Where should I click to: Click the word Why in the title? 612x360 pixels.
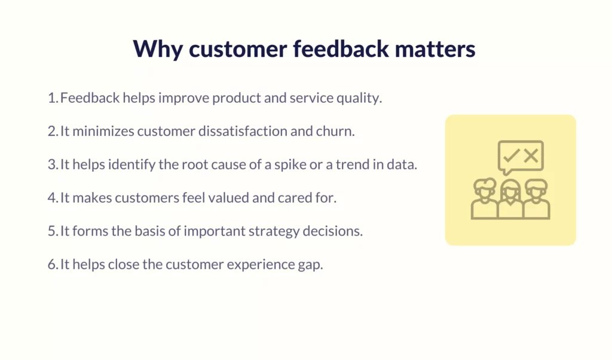pos(158,50)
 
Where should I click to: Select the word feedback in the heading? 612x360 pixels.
pos(341,49)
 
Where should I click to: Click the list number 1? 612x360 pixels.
pos(53,98)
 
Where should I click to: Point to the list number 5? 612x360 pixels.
pos(53,231)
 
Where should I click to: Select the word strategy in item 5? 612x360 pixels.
pos(274,232)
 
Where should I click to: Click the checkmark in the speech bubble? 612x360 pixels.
pos(512,155)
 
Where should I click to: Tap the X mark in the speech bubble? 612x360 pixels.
pos(531,155)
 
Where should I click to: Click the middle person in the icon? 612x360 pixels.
pos(510,199)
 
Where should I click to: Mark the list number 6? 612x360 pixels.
pos(53,265)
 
